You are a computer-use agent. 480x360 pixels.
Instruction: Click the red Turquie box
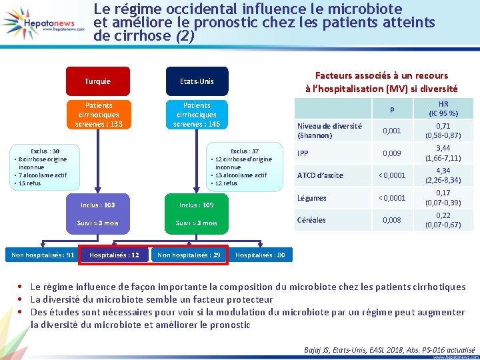click(x=98, y=81)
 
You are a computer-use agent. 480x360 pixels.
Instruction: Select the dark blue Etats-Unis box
click(x=197, y=81)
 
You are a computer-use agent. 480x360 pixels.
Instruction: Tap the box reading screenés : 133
click(x=99, y=115)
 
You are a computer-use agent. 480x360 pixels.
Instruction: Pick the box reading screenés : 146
click(x=197, y=115)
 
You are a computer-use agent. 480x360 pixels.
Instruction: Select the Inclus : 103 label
click(x=101, y=205)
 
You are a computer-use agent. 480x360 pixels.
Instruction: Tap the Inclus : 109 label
click(x=197, y=205)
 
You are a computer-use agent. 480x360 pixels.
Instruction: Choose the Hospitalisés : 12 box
click(x=114, y=255)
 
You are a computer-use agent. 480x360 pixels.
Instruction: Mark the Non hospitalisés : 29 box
click(x=189, y=255)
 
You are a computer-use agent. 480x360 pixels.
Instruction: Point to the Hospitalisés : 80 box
click(x=261, y=255)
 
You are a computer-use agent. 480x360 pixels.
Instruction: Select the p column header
click(x=392, y=109)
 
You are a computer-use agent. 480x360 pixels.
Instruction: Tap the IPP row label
click(x=303, y=153)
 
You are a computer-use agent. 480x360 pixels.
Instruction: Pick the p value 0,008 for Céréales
click(x=392, y=220)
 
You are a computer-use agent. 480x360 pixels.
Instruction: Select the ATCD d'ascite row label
click(x=321, y=175)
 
